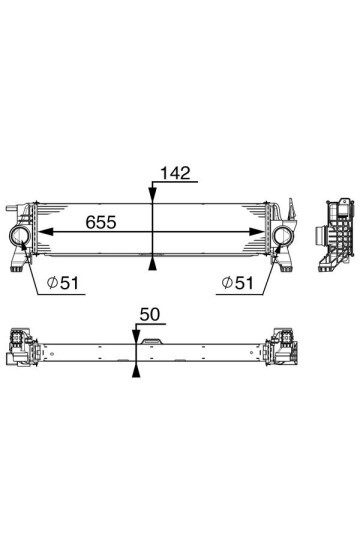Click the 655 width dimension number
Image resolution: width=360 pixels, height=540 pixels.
[x=101, y=222]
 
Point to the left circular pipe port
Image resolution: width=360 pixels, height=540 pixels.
[x=23, y=237]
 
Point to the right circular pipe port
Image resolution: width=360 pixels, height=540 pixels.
[x=282, y=238]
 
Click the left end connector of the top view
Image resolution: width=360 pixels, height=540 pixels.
[x=21, y=353]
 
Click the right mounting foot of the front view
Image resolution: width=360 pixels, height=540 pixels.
[x=287, y=266]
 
